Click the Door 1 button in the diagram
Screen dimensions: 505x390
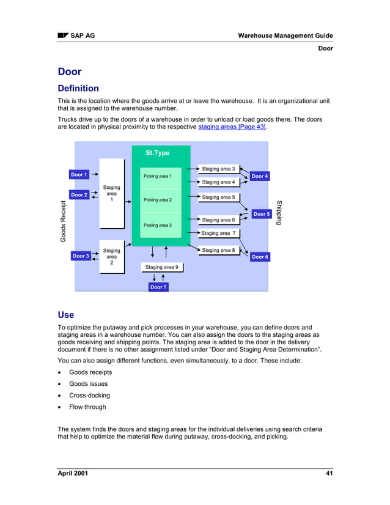point(79,175)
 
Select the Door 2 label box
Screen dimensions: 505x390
point(79,195)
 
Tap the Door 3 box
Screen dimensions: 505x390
point(81,256)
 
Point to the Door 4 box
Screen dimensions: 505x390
point(259,176)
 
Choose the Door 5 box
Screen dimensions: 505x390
point(261,214)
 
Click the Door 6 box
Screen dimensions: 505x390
point(259,257)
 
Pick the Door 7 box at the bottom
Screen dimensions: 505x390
point(158,287)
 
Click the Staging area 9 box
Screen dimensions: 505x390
point(162,267)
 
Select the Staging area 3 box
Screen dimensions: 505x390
point(218,169)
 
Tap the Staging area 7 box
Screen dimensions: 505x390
point(218,233)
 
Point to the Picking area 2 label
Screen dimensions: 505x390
point(158,200)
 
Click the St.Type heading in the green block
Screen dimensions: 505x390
point(157,153)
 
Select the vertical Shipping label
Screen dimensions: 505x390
point(279,212)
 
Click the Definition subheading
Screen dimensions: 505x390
point(78,89)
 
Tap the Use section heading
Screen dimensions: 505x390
point(65,315)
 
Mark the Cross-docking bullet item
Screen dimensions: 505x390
point(89,396)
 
